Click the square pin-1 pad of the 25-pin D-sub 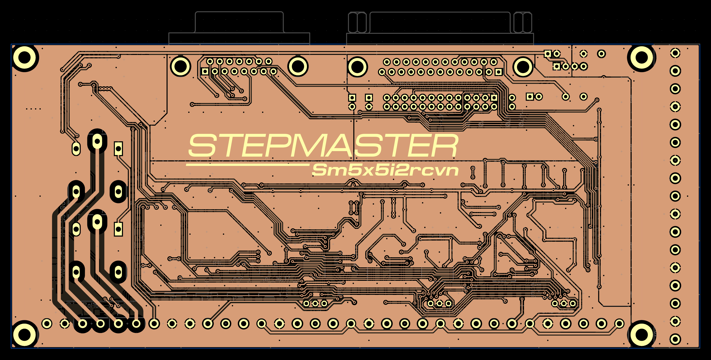pyautogui.click(x=498, y=72)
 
